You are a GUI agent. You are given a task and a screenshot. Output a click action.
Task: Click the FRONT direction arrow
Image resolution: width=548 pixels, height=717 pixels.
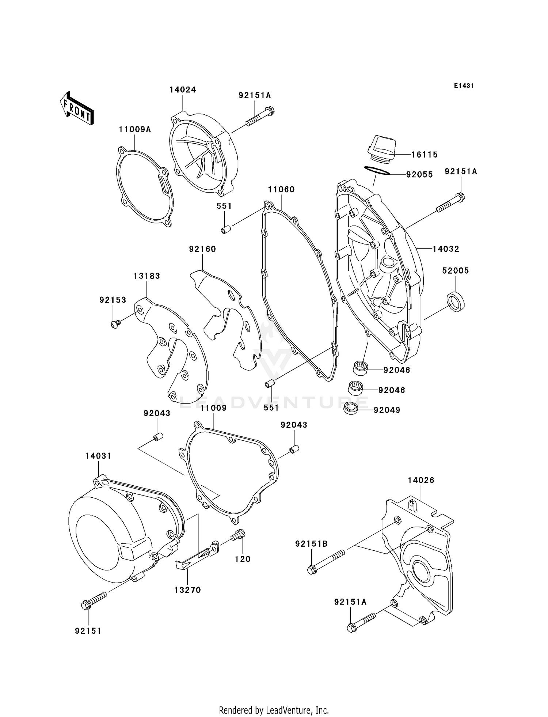(77, 109)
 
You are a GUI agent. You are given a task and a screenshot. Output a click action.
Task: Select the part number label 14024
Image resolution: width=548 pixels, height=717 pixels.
(182, 90)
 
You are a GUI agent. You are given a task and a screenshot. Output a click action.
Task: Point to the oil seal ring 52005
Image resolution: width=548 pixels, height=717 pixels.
(456, 302)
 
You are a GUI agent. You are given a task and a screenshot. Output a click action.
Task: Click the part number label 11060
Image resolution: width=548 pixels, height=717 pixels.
(281, 190)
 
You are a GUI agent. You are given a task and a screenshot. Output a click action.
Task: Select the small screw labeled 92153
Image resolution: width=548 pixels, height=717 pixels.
(115, 323)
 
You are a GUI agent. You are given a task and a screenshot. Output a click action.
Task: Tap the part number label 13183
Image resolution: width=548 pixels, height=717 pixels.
(146, 276)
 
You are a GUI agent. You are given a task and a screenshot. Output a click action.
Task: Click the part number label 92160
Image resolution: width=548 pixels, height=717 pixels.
(202, 249)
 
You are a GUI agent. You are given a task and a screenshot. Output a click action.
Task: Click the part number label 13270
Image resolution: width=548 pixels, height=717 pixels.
(187, 590)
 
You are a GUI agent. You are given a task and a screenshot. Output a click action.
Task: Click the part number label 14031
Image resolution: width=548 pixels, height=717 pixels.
(98, 456)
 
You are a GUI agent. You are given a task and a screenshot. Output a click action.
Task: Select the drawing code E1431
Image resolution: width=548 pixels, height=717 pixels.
(464, 86)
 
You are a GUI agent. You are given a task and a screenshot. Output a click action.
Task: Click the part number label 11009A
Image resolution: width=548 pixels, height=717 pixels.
(134, 130)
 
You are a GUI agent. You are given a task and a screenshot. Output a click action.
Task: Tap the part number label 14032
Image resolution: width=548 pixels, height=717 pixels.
(446, 249)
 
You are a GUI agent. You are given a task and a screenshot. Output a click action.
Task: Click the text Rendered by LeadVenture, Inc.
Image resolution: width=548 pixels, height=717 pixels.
(274, 710)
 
